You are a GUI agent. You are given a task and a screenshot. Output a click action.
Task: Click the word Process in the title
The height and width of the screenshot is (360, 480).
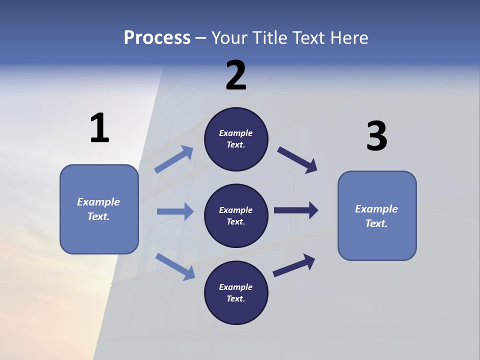pos(157,38)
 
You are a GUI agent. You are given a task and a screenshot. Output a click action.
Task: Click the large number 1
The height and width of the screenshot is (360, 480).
pos(99,128)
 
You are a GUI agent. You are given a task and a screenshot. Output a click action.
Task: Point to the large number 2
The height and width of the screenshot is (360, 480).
pos(236,76)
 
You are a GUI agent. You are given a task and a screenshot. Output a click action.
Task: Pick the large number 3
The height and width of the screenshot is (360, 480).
pos(376,136)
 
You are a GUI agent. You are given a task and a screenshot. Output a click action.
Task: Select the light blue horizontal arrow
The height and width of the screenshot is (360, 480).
pos(175,211)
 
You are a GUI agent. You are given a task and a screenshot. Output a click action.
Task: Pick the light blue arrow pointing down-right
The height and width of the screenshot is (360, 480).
pos(175,266)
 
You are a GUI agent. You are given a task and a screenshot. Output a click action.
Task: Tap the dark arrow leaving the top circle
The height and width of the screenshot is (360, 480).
pos(297,160)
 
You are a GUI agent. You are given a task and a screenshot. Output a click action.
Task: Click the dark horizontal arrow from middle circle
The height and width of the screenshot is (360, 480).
pos(296,210)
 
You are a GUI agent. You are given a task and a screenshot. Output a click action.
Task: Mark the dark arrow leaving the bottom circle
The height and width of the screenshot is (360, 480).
pos(294,265)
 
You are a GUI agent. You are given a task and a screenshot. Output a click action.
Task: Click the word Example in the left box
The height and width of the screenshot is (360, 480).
pos(98,202)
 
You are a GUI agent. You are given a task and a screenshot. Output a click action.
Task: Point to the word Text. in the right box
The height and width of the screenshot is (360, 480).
pos(376,223)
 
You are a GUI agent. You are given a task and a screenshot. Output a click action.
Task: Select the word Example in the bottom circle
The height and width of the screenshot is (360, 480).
pos(235,287)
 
